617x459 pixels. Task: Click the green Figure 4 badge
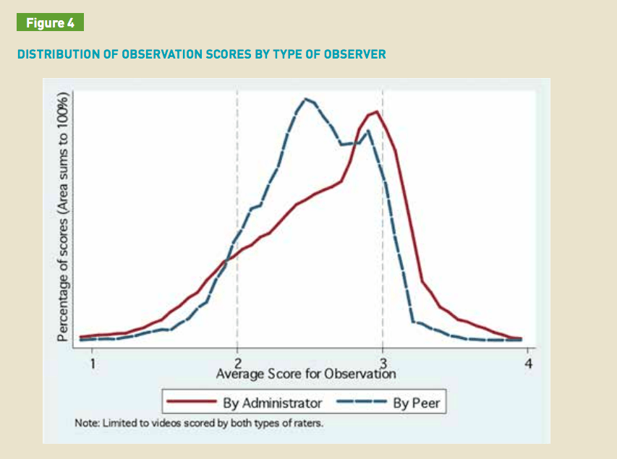coord(51,22)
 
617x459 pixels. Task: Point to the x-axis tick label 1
coord(93,363)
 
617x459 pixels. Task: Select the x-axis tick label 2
coord(237,363)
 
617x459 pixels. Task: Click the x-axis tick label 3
coord(383,363)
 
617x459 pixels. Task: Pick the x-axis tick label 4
coord(528,363)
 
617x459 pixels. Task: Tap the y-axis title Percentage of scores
coord(63,217)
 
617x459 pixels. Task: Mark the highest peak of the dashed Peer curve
coord(307,99)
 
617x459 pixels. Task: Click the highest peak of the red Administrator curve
coord(376,111)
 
